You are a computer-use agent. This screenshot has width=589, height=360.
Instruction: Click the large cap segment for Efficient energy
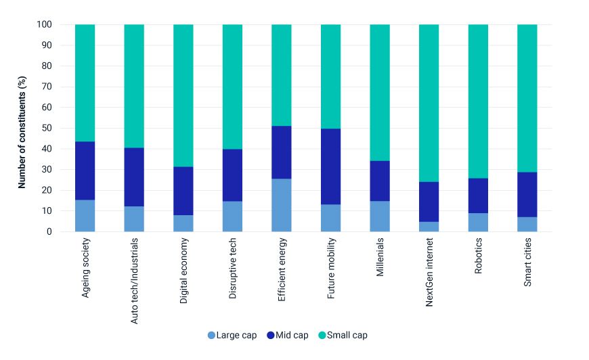pos(281,205)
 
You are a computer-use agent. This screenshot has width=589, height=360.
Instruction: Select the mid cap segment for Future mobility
pos(330,166)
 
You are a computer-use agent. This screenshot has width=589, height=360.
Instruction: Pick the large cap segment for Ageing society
pos(85,215)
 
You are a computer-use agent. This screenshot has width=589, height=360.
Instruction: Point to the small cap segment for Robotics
pos(478,101)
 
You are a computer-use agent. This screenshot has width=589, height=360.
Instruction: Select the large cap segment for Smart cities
pos(527,224)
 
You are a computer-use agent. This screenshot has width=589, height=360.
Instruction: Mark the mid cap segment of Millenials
pos(379,181)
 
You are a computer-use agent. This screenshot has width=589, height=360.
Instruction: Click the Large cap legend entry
pos(232,335)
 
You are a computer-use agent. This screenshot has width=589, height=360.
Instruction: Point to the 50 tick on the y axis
pos(45,128)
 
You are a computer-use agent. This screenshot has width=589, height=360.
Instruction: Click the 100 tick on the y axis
pos(43,25)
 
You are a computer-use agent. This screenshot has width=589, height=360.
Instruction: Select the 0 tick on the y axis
pos(48,231)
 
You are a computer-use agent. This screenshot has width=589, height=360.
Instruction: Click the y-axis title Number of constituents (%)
pos(22,129)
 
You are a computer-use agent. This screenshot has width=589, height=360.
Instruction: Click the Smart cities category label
pos(527,263)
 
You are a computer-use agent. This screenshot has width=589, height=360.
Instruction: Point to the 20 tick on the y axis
pos(45,190)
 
